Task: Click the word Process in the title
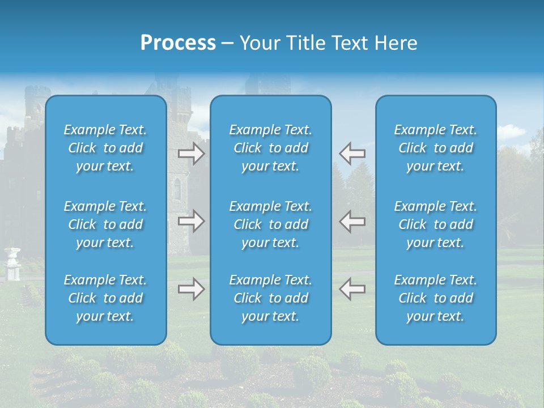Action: (x=178, y=43)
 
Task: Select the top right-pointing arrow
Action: (x=192, y=153)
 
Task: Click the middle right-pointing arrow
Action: (x=192, y=221)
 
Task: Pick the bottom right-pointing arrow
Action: (x=192, y=289)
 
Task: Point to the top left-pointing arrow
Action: (x=352, y=153)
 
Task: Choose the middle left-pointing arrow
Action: (x=352, y=221)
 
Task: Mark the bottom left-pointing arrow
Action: (x=352, y=289)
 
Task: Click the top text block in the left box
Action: (x=105, y=148)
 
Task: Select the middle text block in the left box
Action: (x=105, y=224)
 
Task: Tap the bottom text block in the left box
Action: (x=105, y=298)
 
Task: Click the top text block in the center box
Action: (x=270, y=148)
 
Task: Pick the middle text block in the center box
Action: (x=270, y=224)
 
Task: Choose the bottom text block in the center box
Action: (x=270, y=298)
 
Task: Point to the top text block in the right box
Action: (x=435, y=148)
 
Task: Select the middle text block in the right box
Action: (x=435, y=224)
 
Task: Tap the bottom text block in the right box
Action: (x=435, y=298)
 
